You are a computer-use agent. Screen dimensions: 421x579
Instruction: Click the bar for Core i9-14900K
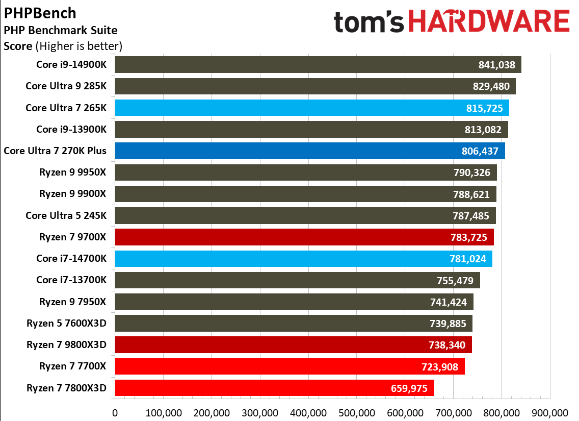[x=306, y=65]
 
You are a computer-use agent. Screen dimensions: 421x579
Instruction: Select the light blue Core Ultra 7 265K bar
[x=306, y=108]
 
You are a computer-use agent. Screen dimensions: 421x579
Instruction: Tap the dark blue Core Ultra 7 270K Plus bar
[x=306, y=151]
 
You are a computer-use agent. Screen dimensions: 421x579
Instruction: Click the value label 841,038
[x=497, y=65]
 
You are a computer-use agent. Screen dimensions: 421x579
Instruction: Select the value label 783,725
[x=469, y=237]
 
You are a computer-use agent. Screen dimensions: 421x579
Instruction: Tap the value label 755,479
[x=455, y=280]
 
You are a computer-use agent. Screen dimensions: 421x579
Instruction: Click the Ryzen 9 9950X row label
[x=73, y=172]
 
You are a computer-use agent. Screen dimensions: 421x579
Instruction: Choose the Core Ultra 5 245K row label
[x=66, y=215]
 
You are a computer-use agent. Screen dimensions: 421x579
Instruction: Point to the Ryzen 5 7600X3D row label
[x=67, y=323]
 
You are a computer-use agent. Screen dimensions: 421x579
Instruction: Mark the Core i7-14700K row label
[x=71, y=259]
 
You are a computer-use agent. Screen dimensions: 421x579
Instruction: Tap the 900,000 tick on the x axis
[x=549, y=412]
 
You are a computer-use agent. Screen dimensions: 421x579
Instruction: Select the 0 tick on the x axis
[x=115, y=412]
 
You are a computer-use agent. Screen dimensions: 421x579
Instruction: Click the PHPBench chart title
[x=40, y=13]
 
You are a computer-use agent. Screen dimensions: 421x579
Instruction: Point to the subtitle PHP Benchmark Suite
[x=61, y=31]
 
